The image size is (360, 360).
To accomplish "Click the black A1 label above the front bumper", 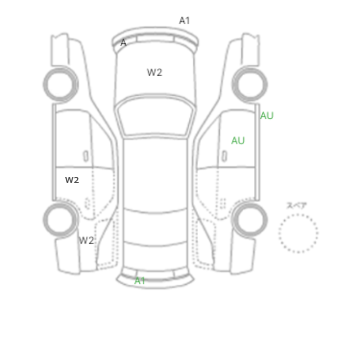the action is tap(185, 21).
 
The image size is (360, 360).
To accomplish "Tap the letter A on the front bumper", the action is tap(123, 43).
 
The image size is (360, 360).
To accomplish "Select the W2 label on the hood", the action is tap(154, 73).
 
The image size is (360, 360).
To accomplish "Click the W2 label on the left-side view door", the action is tap(72, 180).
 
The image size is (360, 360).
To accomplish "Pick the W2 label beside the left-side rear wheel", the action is tap(86, 240).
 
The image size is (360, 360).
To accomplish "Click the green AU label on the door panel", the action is tap(238, 140).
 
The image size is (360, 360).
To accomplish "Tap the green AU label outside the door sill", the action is tap(267, 116).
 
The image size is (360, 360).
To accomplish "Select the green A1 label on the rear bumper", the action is tap(140, 281).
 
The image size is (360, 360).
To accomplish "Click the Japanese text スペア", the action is tap(297, 206).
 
